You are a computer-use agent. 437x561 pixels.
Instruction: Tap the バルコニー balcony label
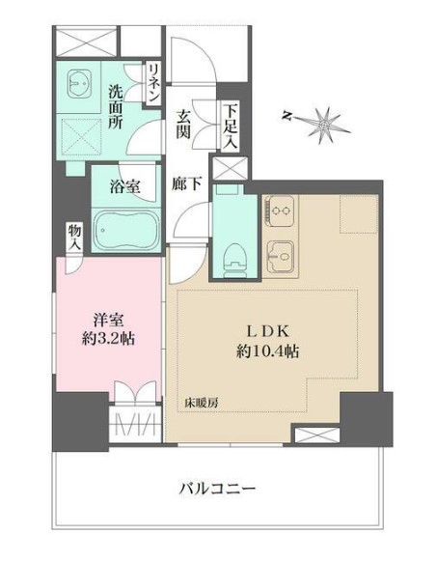[217, 489]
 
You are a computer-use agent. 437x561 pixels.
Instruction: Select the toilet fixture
[232, 256]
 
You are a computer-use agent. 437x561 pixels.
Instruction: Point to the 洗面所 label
[116, 105]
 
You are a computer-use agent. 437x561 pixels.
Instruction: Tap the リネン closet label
[153, 83]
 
